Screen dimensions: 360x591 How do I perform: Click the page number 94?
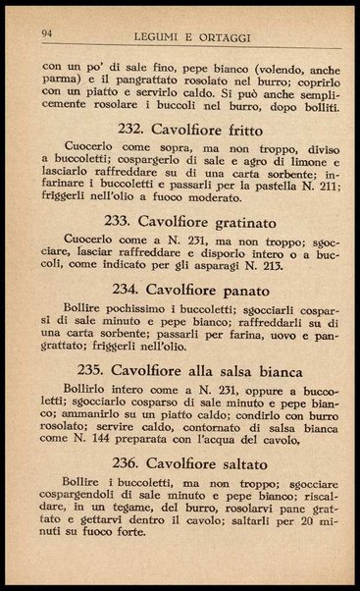click(47, 33)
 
